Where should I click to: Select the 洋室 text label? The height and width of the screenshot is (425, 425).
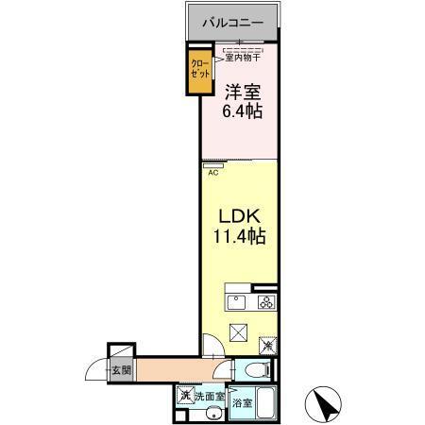[x=242, y=93]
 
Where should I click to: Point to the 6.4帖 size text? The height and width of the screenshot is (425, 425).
[x=242, y=110]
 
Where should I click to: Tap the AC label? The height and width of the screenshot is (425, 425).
[x=212, y=172]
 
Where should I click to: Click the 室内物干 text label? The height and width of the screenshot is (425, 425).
[x=244, y=58]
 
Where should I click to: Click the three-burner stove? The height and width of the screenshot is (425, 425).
[x=266, y=303]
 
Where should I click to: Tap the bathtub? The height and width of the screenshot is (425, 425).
[x=265, y=405]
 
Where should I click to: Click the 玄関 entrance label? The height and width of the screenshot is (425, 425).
[x=121, y=371]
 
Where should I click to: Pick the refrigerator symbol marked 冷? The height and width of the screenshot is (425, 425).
[x=268, y=347]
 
